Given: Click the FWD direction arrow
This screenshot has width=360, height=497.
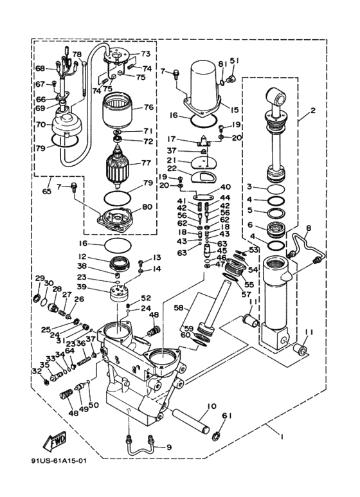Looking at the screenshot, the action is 55,441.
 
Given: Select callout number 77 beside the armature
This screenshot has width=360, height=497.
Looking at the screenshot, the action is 146,163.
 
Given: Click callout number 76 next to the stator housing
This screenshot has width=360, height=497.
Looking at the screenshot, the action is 148,107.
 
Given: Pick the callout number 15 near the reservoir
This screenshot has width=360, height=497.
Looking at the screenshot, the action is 234,110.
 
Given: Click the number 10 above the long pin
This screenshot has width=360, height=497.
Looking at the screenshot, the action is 212,406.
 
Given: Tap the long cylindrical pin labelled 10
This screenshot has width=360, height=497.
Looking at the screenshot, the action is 191,422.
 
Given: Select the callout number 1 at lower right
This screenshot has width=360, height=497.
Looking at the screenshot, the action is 281,437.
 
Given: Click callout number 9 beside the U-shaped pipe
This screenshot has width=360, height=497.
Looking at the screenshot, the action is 169,447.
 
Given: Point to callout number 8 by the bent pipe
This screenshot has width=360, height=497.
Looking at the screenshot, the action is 309,227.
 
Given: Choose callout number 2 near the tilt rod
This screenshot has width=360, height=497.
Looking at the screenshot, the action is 313,111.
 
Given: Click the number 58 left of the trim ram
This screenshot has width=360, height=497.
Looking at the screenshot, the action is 179,308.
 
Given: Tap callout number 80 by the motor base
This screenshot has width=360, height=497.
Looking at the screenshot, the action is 147,206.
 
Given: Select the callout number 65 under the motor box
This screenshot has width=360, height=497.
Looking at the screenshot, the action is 46,192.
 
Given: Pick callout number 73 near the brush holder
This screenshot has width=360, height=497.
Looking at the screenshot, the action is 145,53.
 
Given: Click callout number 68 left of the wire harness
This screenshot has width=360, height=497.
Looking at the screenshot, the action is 40,68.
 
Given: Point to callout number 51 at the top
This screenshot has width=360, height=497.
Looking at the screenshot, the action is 235,61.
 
